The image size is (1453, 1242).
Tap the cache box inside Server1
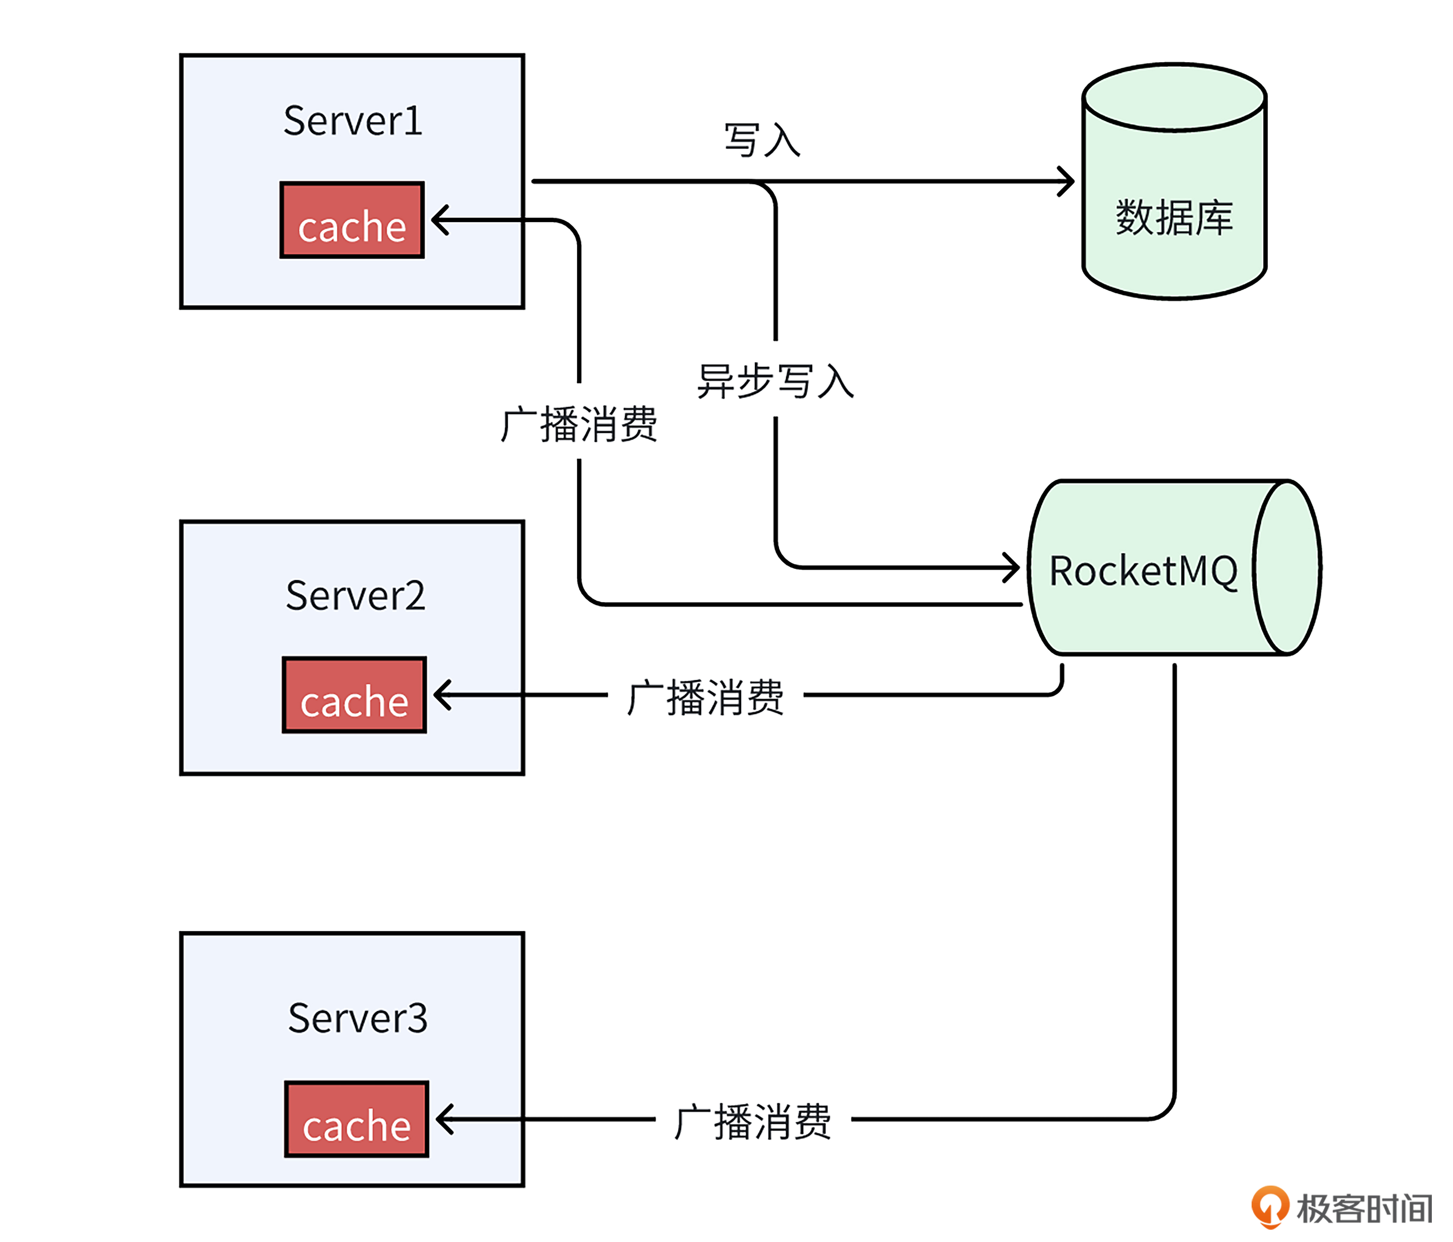pyautogui.click(x=352, y=220)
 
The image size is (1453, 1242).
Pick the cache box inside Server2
pyautogui.click(x=354, y=695)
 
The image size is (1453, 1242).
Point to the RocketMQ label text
pyautogui.click(x=1143, y=571)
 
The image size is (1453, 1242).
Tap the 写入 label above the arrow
pyautogui.click(x=762, y=140)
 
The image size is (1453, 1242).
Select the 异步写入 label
pyautogui.click(x=775, y=381)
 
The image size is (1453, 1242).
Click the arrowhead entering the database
pyautogui.click(x=1067, y=182)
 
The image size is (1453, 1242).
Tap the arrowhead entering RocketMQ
pyautogui.click(x=1013, y=567)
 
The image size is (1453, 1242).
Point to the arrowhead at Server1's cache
pyautogui.click(x=438, y=220)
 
